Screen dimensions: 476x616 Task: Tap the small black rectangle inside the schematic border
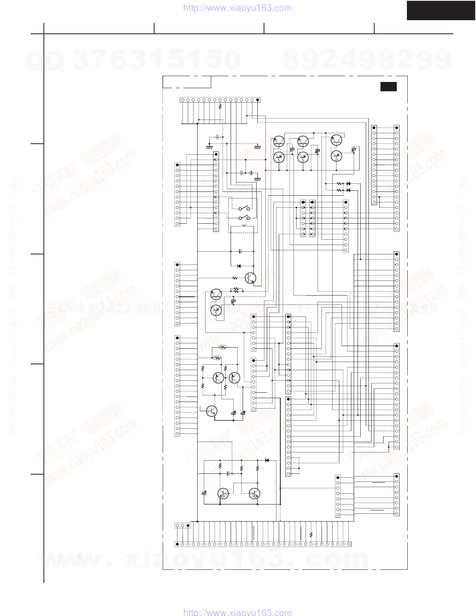(x=388, y=87)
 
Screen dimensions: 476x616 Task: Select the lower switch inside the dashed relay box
(x=243, y=218)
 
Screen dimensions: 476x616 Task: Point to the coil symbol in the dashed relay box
(x=244, y=226)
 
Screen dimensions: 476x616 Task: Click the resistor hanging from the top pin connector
(x=220, y=106)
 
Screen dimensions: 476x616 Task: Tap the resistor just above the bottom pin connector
(x=311, y=535)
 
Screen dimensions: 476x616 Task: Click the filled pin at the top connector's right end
(x=258, y=100)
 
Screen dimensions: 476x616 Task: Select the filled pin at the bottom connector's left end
(x=177, y=544)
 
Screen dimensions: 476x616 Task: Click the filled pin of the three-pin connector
(x=188, y=526)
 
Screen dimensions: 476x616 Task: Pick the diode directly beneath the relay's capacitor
(x=239, y=266)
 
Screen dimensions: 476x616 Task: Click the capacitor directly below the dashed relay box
(x=240, y=251)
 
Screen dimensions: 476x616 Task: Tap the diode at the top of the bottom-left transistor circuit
(x=267, y=460)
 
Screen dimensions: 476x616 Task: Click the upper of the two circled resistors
(x=222, y=347)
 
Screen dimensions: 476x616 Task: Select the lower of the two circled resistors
(x=217, y=357)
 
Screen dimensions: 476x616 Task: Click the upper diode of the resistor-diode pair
(x=348, y=183)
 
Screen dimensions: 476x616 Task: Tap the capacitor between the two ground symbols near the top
(x=217, y=137)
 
